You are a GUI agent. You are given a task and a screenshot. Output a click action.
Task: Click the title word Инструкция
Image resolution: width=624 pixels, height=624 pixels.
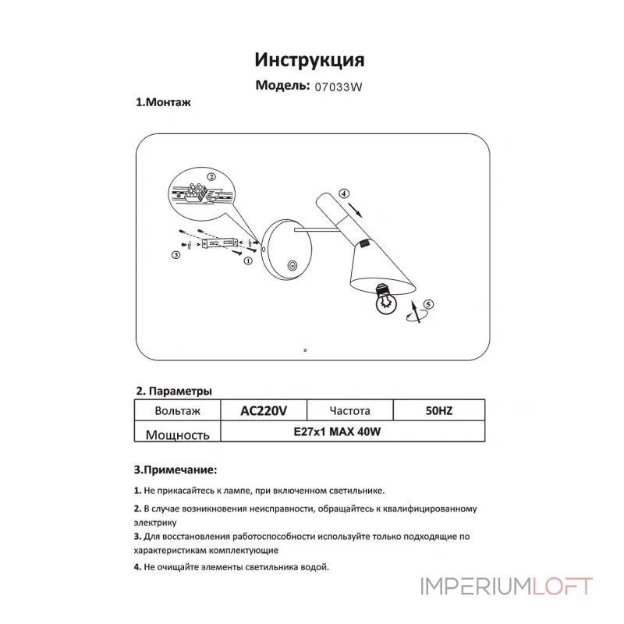point(310,60)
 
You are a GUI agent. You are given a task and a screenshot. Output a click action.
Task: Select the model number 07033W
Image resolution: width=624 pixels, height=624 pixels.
point(339,87)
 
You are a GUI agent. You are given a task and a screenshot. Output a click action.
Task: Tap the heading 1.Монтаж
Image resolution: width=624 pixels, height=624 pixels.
point(163,102)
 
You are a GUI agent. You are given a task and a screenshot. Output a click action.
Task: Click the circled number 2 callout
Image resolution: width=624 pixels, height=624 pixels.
point(211,177)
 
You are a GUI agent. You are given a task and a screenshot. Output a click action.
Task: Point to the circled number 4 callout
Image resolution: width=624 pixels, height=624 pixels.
point(344,193)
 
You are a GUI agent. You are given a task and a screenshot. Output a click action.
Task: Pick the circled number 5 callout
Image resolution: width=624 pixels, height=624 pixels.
point(428,304)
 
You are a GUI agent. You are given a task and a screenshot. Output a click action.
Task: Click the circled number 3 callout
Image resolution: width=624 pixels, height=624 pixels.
point(176,255)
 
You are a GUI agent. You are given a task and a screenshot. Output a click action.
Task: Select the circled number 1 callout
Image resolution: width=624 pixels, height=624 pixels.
point(248,261)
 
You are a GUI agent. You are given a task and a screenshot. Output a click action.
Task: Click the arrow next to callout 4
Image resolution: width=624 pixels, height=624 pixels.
point(355,210)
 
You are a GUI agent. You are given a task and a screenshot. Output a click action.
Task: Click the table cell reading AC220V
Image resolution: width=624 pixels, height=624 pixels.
point(264,410)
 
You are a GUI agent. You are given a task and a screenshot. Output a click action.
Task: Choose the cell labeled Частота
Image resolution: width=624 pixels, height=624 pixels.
point(349,410)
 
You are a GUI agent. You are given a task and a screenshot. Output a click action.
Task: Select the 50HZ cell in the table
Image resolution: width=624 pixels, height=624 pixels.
point(439,410)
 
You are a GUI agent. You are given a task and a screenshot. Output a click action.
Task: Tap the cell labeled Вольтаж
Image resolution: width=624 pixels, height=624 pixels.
point(178,410)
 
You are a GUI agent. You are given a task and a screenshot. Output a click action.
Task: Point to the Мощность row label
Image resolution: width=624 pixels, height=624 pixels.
point(178,434)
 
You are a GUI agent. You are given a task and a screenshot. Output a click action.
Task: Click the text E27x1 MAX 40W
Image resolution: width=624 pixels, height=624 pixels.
point(337,432)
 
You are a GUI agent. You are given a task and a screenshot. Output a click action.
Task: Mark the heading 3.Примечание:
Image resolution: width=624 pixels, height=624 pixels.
point(175,470)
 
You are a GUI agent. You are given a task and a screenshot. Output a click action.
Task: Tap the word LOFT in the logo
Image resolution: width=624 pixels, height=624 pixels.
point(562,587)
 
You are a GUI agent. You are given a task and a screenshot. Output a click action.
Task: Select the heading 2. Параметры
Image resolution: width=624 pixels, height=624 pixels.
point(174,391)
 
